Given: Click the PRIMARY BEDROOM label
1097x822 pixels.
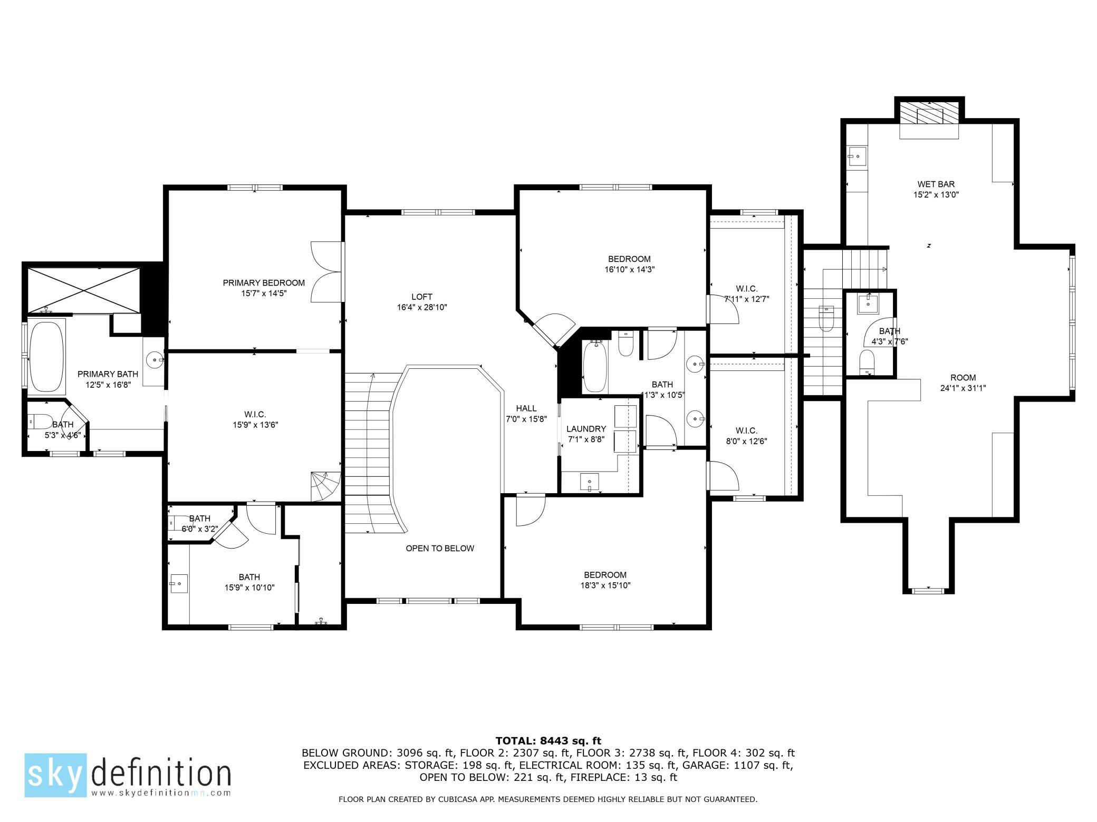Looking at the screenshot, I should tap(264, 283).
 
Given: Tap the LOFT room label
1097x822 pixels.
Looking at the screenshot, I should tap(422, 297).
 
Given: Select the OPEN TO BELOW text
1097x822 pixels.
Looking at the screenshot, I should tap(440, 549).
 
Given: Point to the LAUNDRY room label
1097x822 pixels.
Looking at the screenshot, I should tap(586, 429).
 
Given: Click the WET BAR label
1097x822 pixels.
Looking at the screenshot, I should tap(936, 184).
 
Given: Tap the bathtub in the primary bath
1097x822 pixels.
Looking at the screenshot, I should tap(46, 357).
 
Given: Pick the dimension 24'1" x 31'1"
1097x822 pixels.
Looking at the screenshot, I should tap(963, 388).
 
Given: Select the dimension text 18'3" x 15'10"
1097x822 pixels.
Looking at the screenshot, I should tap(605, 585).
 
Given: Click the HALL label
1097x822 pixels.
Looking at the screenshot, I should tap(526, 408).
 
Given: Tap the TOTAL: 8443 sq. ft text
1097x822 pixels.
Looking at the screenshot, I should tap(548, 741).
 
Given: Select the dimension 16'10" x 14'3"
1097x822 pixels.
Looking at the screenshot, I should tap(629, 269).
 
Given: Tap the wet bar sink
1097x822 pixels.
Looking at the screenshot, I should tap(858, 155).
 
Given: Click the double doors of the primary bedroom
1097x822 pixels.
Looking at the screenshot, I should tap(327, 272).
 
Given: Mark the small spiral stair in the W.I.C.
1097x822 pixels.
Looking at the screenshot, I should tap(325, 486).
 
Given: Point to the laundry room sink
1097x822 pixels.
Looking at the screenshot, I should tap(589, 482).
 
